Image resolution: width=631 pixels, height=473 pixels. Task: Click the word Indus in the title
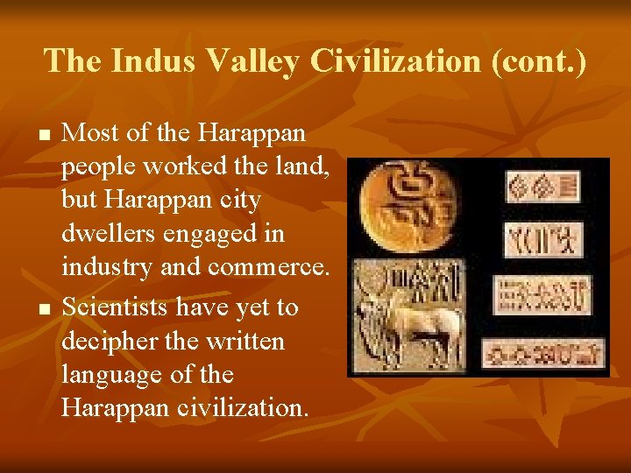coord(150,60)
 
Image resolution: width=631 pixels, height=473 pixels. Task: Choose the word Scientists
coord(118,307)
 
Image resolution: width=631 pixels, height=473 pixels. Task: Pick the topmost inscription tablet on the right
coord(543,186)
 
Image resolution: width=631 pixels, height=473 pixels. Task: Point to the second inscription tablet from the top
coord(544,238)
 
